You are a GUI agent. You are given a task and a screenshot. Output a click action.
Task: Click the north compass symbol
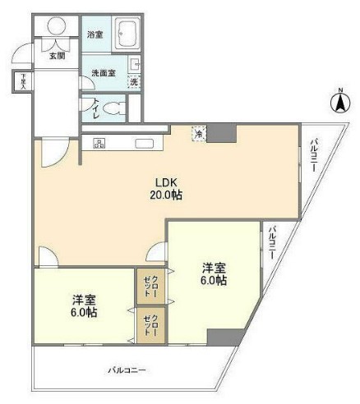338,103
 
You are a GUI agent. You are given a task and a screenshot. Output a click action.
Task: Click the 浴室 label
95,35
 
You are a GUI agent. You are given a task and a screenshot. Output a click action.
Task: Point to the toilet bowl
116,107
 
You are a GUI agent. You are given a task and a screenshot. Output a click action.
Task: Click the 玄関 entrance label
57,55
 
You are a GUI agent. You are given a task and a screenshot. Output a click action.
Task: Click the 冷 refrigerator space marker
198,132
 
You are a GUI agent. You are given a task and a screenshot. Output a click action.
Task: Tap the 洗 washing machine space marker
134,81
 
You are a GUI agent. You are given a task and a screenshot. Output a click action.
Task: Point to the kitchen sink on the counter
145,144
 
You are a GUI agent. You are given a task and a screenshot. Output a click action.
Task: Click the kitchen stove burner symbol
99,144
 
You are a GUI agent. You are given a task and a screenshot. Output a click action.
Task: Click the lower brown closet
150,325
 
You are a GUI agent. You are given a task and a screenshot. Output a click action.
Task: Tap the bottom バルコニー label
127,370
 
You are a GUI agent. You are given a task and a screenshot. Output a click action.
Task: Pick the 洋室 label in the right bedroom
215,268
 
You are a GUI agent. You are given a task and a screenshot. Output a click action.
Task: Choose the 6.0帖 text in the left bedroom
84,313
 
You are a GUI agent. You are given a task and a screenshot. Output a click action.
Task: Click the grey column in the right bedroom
224,337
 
